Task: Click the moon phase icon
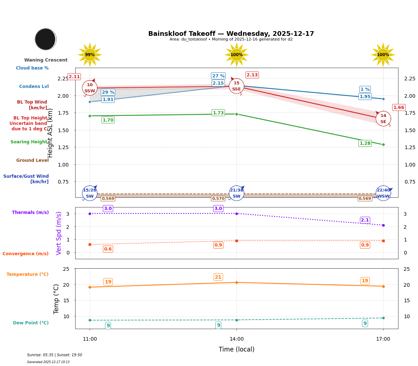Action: point(46,39)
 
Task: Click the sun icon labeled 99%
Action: point(90,55)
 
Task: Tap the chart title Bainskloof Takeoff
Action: point(231,34)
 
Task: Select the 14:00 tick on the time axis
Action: point(236,339)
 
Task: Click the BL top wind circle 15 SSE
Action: point(236,86)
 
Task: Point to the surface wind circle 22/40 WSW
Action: point(383,193)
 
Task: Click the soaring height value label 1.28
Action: point(365,143)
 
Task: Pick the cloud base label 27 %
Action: point(218,76)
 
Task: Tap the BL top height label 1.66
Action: point(398,108)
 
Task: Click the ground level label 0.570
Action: point(218,198)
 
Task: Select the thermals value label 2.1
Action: point(365,220)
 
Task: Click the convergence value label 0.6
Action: point(108,249)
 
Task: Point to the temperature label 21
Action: point(218,277)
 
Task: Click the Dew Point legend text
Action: point(31,323)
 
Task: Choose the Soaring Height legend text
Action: point(29,142)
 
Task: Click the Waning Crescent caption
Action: point(46,60)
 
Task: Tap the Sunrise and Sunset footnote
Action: point(55,355)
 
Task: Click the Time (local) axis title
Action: point(236,349)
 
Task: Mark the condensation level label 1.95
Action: point(365,97)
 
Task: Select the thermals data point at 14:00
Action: point(236,214)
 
